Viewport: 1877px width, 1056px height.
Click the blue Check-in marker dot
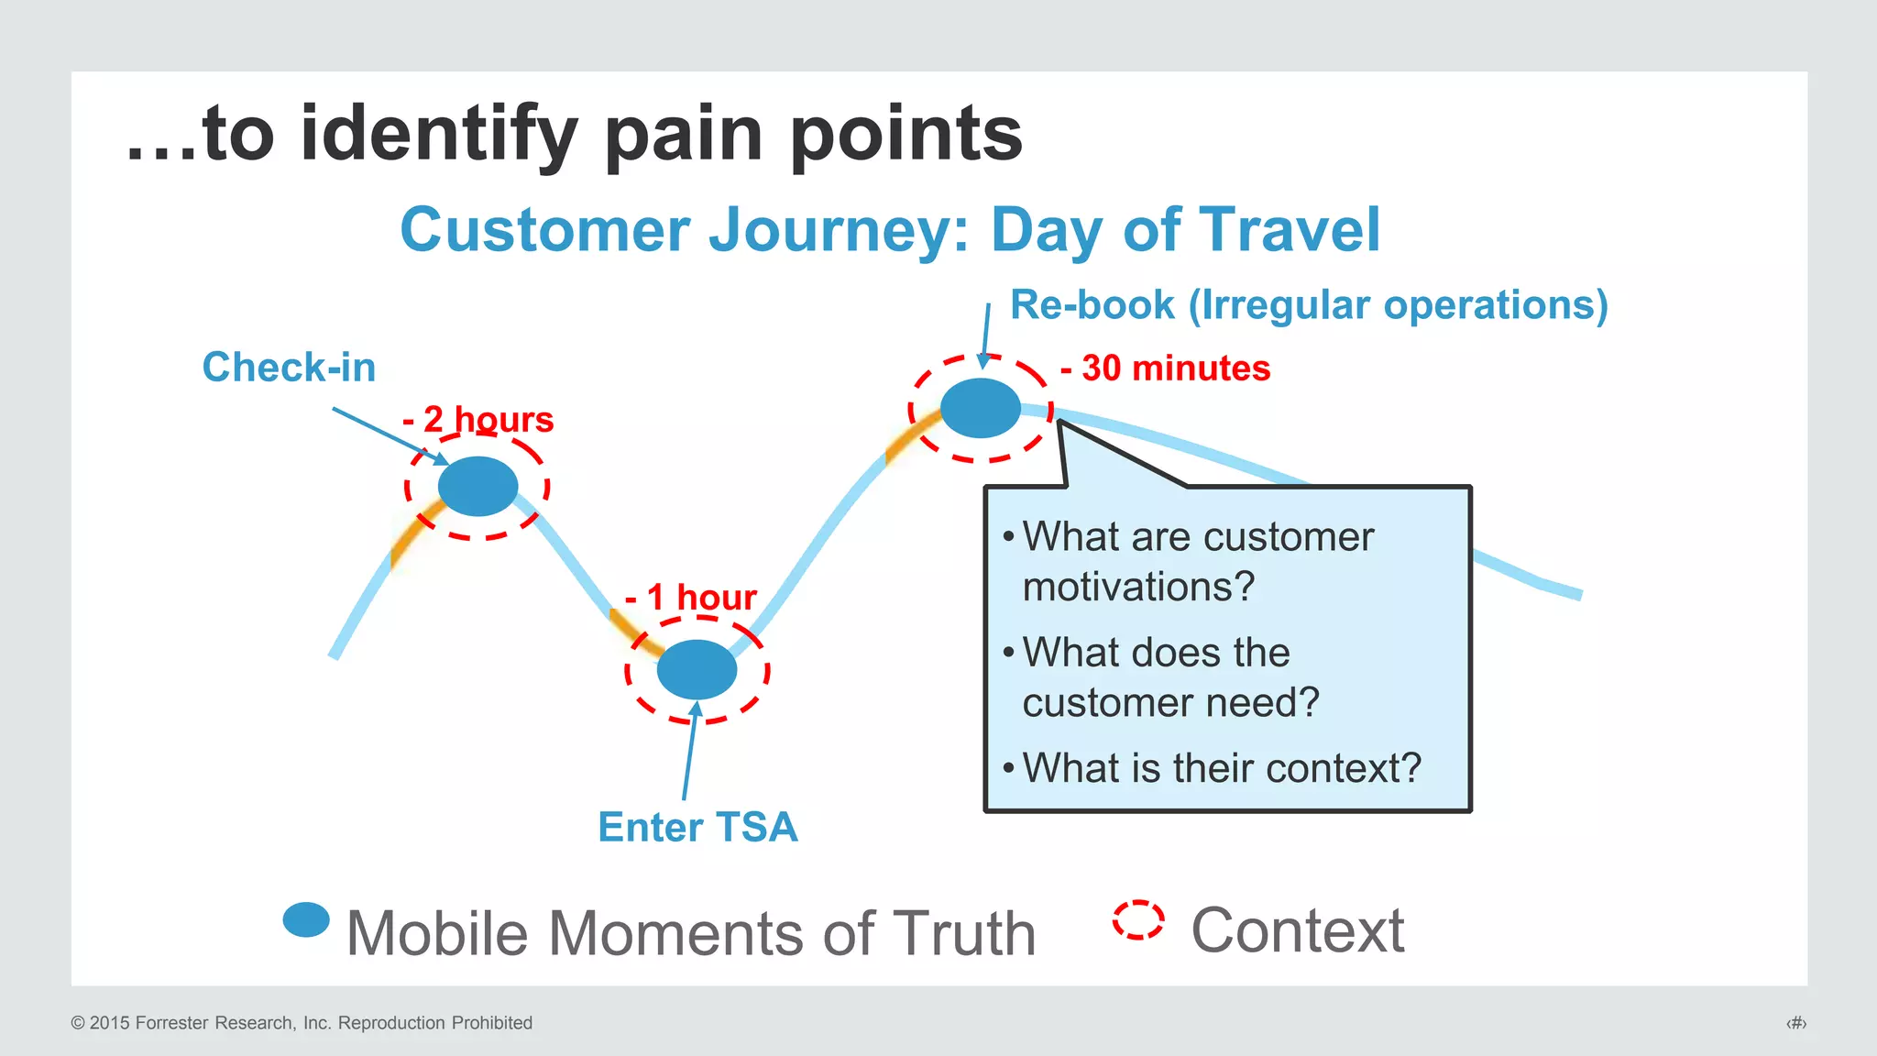click(477, 486)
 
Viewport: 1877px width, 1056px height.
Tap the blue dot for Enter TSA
click(697, 669)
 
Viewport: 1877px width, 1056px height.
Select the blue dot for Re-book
click(981, 408)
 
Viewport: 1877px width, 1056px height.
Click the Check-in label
click(289, 368)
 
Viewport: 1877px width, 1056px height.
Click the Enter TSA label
click(697, 827)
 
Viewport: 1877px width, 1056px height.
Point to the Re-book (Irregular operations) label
click(1309, 304)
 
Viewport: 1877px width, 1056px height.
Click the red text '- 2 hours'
click(478, 420)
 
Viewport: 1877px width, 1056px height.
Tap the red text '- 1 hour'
click(691, 597)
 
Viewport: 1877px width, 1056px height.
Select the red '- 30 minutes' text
click(1166, 368)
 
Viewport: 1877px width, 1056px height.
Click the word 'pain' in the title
click(684, 134)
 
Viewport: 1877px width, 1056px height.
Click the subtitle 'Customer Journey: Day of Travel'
click(890, 229)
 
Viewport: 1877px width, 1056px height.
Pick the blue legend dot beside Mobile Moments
click(306, 919)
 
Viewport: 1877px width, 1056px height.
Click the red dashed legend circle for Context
click(1138, 919)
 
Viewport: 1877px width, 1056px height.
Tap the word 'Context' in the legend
click(1297, 930)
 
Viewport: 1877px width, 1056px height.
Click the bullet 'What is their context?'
click(1221, 768)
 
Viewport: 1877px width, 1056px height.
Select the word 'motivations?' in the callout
click(1138, 587)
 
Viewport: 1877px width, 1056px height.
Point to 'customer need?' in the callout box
click(1170, 703)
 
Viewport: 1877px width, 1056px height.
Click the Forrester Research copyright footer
click(302, 1023)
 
